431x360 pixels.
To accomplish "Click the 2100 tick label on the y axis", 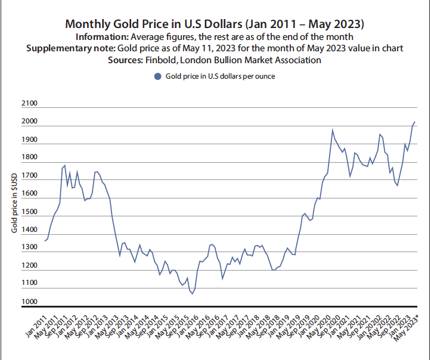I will pyautogui.click(x=29, y=104).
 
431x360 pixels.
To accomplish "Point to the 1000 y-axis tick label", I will pyautogui.click(x=29, y=302).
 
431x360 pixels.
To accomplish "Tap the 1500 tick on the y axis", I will pyautogui.click(x=29, y=212).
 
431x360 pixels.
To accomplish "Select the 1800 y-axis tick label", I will pyautogui.click(x=29, y=158).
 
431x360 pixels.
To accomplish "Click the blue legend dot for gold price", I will pyautogui.click(x=157, y=76).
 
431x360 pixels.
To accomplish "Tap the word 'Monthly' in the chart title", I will pyautogui.click(x=89, y=24).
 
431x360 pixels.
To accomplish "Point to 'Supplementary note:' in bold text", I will pyautogui.click(x=71, y=48).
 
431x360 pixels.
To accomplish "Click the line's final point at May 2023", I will pyautogui.click(x=415, y=122).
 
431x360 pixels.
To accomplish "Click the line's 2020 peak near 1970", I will pyautogui.click(x=332, y=130).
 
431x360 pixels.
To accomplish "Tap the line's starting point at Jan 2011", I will pyautogui.click(x=45, y=240).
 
